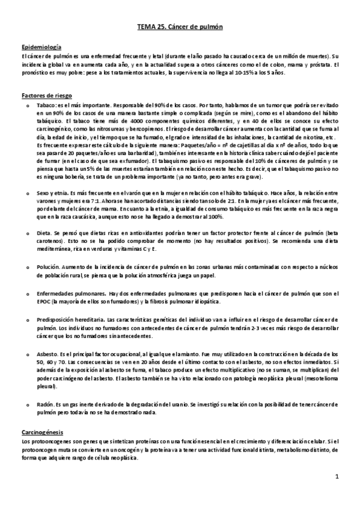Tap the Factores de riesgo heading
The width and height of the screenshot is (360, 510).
tap(43, 95)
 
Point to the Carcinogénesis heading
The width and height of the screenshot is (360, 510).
tap(42, 432)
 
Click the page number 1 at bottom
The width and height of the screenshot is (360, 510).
tap(337, 476)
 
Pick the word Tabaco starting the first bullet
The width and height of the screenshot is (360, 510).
tap(45, 105)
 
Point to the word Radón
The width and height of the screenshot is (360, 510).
tap(45, 405)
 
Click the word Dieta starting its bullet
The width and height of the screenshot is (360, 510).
tap(44, 232)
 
